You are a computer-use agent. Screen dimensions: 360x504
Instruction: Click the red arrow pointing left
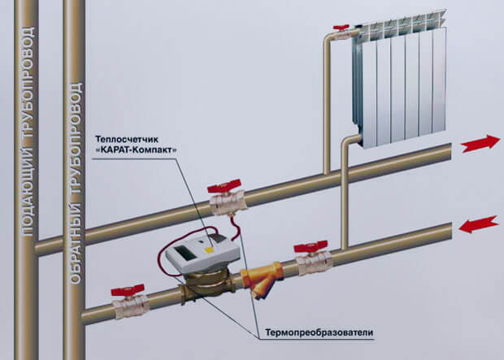[x=480, y=223]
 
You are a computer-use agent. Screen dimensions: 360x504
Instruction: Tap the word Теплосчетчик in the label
[x=130, y=137]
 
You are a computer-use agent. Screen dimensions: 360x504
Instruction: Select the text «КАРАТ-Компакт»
[x=135, y=150]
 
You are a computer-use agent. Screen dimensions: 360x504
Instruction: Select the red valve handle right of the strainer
[x=311, y=245]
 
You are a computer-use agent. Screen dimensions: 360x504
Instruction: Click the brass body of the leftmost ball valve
[x=131, y=306]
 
